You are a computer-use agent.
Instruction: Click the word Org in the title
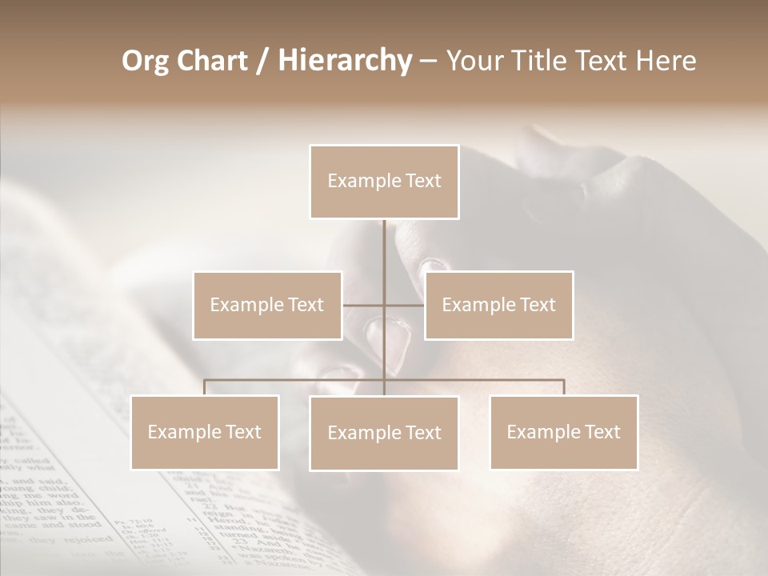pos(146,62)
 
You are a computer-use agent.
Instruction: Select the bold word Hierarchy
pos(344,62)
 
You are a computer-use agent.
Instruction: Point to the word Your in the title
pos(472,62)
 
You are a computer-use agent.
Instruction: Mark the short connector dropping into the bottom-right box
pos(564,387)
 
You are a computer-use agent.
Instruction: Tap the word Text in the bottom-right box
pos(602,432)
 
